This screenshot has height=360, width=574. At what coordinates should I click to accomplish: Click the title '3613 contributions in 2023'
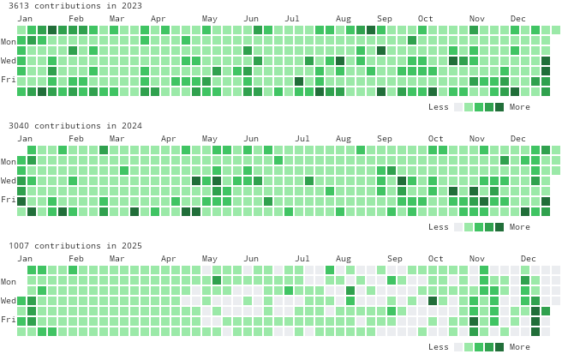pyautogui.click(x=75, y=6)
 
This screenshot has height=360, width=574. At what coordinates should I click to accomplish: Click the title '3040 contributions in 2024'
pyautogui.click(x=75, y=126)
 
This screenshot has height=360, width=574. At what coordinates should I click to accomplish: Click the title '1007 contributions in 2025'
pyautogui.click(x=75, y=246)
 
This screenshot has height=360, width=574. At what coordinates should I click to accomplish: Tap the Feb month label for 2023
pyautogui.click(x=76, y=19)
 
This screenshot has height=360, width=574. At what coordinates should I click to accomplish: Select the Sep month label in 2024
pyautogui.click(x=385, y=139)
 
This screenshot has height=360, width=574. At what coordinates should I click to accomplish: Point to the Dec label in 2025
pyautogui.click(x=529, y=259)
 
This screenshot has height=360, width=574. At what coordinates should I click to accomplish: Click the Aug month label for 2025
pyautogui.click(x=344, y=259)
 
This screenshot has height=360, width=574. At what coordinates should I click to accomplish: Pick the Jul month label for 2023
pyautogui.click(x=292, y=19)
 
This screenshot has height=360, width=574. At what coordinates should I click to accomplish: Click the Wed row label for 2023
pyautogui.click(x=9, y=61)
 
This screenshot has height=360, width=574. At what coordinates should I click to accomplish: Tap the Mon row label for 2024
pyautogui.click(x=9, y=161)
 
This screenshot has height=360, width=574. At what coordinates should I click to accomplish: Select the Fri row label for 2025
pyautogui.click(x=9, y=320)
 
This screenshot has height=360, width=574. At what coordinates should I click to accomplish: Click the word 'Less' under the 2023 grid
pyautogui.click(x=439, y=107)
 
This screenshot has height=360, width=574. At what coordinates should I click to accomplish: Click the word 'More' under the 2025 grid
pyautogui.click(x=519, y=347)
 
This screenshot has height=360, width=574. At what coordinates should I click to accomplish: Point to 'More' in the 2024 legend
pyautogui.click(x=519, y=227)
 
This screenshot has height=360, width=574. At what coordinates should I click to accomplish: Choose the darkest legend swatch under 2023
pyautogui.click(x=499, y=107)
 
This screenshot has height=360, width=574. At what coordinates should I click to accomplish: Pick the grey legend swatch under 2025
pyautogui.click(x=458, y=347)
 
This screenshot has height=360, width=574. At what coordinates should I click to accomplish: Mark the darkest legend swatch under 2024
pyautogui.click(x=499, y=227)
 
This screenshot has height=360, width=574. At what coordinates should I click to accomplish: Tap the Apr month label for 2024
pyautogui.click(x=169, y=139)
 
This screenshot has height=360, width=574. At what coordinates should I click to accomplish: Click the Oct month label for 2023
pyautogui.click(x=426, y=19)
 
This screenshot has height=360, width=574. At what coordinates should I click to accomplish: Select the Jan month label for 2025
pyautogui.click(x=25, y=259)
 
